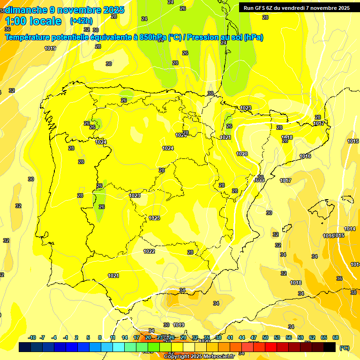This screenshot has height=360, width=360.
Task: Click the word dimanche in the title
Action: (26, 10)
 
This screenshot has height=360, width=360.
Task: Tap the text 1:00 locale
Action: (33, 21)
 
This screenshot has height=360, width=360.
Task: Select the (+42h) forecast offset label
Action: (81, 21)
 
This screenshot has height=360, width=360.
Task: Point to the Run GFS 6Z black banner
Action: (297, 8)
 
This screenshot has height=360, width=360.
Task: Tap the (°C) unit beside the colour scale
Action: (344, 348)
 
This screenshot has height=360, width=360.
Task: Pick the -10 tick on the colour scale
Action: (32, 337)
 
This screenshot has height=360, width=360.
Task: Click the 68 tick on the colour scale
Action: (336, 337)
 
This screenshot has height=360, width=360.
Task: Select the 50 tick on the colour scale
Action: (265, 337)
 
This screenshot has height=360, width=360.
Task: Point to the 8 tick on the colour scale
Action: (100, 337)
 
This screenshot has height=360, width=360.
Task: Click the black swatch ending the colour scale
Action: (330, 347)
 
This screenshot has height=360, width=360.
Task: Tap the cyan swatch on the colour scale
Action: (119, 347)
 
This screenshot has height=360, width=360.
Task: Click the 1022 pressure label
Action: (150, 251)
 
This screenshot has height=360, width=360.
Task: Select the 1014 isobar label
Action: (350, 229)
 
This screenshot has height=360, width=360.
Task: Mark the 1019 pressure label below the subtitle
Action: (50, 48)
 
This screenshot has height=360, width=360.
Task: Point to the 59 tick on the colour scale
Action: (300, 337)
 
